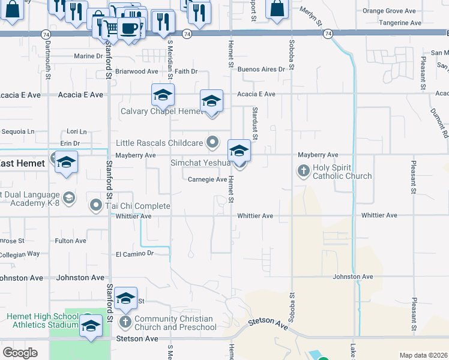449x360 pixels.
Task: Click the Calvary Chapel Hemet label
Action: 154,111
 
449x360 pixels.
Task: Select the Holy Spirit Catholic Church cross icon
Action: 304,171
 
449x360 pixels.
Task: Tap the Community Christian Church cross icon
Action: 125,322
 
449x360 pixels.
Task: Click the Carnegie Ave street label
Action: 207,179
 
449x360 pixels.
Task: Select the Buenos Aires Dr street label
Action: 261,70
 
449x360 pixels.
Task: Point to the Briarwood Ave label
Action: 137,71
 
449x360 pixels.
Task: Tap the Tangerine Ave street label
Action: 400,23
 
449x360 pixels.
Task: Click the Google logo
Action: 20,352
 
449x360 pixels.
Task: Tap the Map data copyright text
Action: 423,355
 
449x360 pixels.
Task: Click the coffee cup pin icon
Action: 128,28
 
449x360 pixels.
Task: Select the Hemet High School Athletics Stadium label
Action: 38,321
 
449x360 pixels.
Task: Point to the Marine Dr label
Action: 88,56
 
